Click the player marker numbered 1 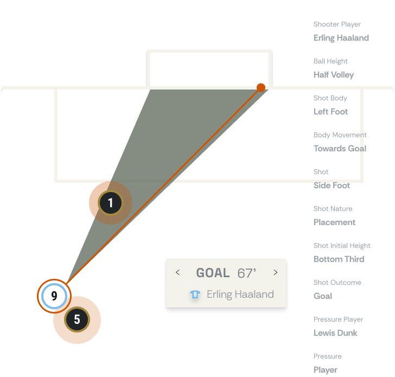(111, 203)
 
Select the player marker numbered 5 (77, 320)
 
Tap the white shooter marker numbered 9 (54, 296)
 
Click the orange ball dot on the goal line (261, 87)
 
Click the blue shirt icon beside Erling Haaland (195, 295)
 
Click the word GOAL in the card (213, 273)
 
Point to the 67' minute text (246, 273)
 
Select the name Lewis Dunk (335, 333)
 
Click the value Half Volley (334, 75)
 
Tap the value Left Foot (331, 112)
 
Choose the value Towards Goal (340, 149)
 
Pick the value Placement (334, 222)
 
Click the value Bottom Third (339, 259)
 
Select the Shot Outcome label (337, 283)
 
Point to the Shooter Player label (337, 24)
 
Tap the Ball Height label (330, 61)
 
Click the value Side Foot (332, 186)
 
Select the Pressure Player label (338, 320)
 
